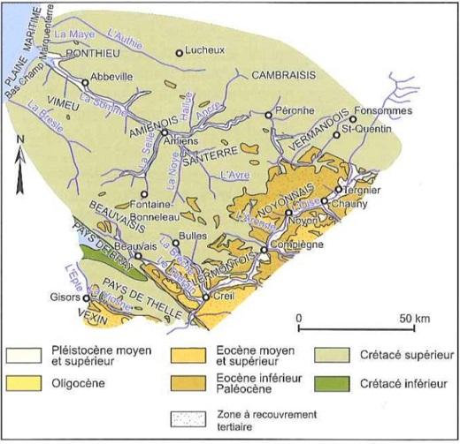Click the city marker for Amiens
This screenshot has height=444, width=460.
(165, 132)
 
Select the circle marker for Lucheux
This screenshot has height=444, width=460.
(180, 54)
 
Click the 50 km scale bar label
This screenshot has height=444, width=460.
(411, 316)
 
